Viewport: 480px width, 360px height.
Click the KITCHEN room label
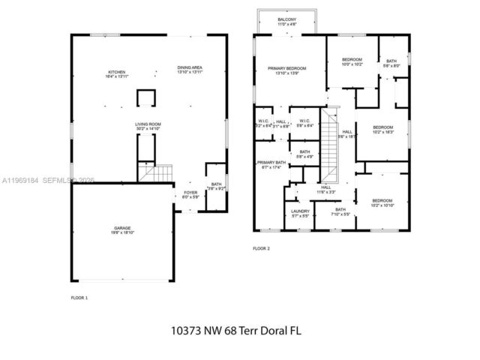pyautogui.click(x=115, y=72)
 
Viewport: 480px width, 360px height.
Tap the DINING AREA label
pyautogui.click(x=190, y=68)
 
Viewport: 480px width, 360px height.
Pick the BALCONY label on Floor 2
pyautogui.click(x=286, y=19)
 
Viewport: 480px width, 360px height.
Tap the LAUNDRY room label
pyautogui.click(x=300, y=212)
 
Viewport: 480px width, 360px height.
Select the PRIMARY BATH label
pyautogui.click(x=271, y=163)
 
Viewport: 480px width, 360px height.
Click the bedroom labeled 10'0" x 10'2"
pyautogui.click(x=352, y=60)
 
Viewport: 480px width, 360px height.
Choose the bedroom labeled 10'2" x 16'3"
pyautogui.click(x=383, y=127)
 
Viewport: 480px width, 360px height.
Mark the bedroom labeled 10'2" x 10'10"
pyautogui.click(x=382, y=201)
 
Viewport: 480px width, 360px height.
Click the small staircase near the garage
pyautogui.click(x=154, y=175)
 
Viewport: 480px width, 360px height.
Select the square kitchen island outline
pyautogui.click(x=145, y=97)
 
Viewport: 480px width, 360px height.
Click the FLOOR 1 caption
pyautogui.click(x=79, y=297)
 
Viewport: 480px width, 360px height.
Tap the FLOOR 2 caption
pyautogui.click(x=260, y=247)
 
